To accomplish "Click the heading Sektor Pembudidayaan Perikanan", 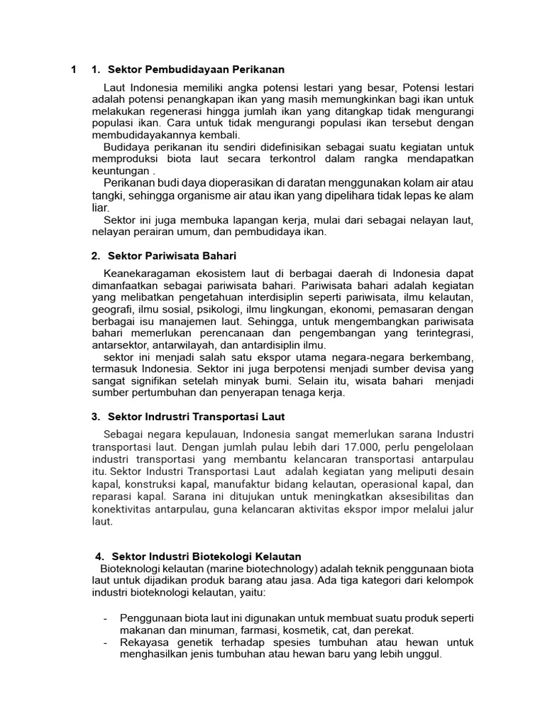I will (x=196, y=70).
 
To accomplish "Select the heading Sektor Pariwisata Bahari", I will (x=172, y=256).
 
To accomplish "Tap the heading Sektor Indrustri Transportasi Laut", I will (x=196, y=416).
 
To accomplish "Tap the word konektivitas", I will (x=125, y=510).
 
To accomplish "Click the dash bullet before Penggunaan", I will (x=105, y=617).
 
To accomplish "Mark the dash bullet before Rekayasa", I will (x=105, y=643).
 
